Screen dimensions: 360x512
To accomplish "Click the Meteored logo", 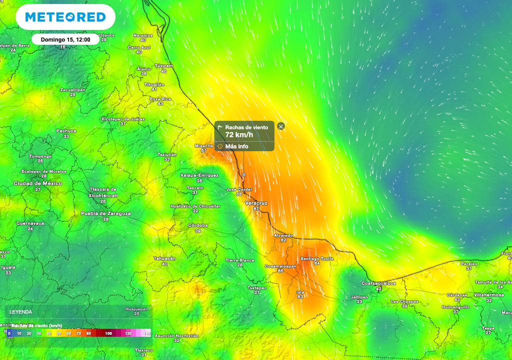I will click(x=65, y=17).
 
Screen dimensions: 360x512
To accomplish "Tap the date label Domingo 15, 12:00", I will click(x=65, y=39).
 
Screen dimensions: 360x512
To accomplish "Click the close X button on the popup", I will click(x=281, y=126).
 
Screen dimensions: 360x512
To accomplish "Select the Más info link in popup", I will click(x=236, y=146).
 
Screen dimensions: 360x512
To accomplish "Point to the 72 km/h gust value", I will click(x=239, y=135).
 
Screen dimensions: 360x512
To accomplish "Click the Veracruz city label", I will click(x=256, y=203).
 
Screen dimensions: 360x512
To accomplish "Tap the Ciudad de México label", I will click(x=38, y=183).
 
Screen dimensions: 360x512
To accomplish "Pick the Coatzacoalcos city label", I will click(x=378, y=283).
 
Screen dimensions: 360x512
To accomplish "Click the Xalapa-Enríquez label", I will click(x=199, y=175).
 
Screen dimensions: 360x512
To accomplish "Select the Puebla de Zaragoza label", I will click(x=106, y=213).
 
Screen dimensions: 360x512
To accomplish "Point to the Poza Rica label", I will click(x=160, y=99).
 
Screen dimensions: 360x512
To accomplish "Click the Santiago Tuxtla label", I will click(x=317, y=258).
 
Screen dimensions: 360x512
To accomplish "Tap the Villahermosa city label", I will click(x=489, y=295).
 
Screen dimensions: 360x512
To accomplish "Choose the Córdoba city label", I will click(x=197, y=225).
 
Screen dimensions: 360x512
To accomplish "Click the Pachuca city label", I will click(x=66, y=131).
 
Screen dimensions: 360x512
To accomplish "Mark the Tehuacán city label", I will click(x=164, y=258).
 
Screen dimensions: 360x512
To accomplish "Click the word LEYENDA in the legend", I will click(x=21, y=312).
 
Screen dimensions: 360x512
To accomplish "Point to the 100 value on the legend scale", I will click(x=108, y=333).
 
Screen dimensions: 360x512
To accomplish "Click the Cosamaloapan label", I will click(x=280, y=266).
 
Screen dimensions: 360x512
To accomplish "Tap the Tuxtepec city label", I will click(x=257, y=288).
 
